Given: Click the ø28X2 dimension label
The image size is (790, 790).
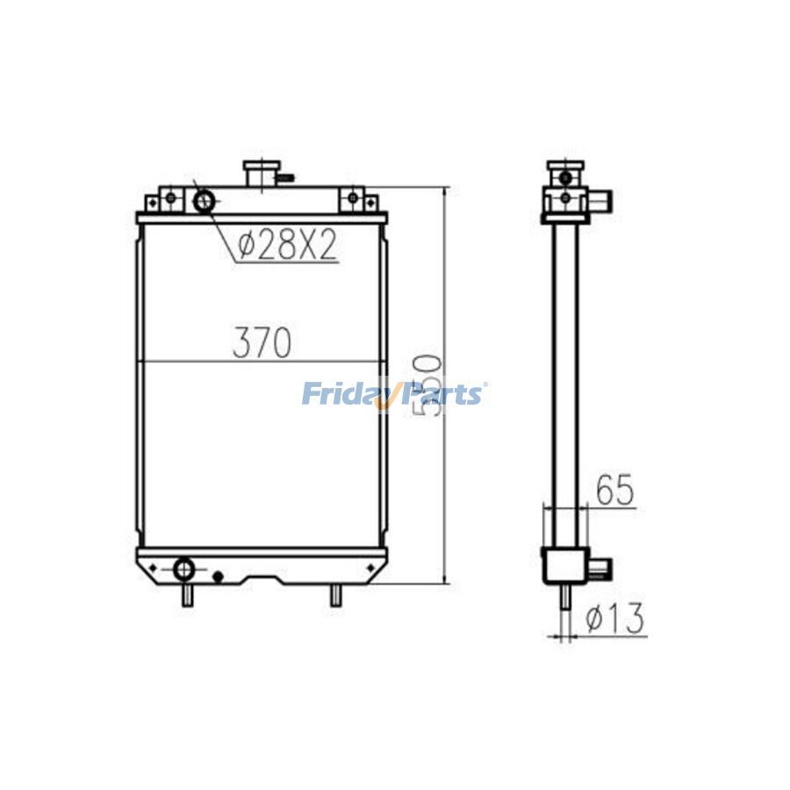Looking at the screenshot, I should [x=287, y=247].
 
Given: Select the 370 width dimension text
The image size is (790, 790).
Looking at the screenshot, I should [x=262, y=343].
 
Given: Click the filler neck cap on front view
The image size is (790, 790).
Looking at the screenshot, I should [x=260, y=172].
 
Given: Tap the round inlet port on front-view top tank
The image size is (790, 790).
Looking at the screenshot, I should [x=204, y=201].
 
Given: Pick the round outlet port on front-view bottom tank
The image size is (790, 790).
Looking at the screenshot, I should [x=186, y=569].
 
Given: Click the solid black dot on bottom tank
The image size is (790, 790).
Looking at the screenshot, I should [x=219, y=577].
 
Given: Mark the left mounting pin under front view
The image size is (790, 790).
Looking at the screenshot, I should [x=187, y=596].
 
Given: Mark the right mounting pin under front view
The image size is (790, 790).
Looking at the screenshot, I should [x=335, y=596].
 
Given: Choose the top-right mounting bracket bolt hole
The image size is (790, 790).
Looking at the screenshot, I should [x=352, y=199].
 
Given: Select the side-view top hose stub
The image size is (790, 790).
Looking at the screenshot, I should [x=602, y=201].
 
